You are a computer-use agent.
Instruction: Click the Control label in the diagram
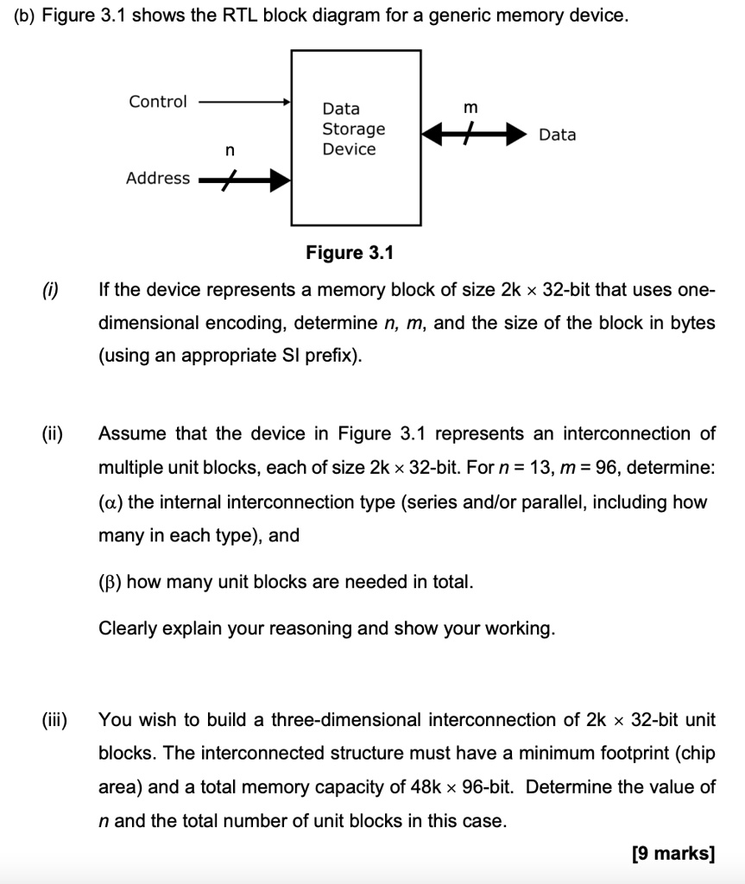tap(158, 102)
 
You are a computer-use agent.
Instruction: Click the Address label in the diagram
tap(158, 178)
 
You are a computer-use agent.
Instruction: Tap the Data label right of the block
tap(557, 135)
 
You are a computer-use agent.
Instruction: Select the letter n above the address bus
tap(228, 150)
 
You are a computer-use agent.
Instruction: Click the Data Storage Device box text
tap(353, 129)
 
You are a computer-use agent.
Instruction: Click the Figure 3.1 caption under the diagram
tap(350, 252)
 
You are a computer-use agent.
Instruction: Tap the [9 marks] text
tap(672, 855)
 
